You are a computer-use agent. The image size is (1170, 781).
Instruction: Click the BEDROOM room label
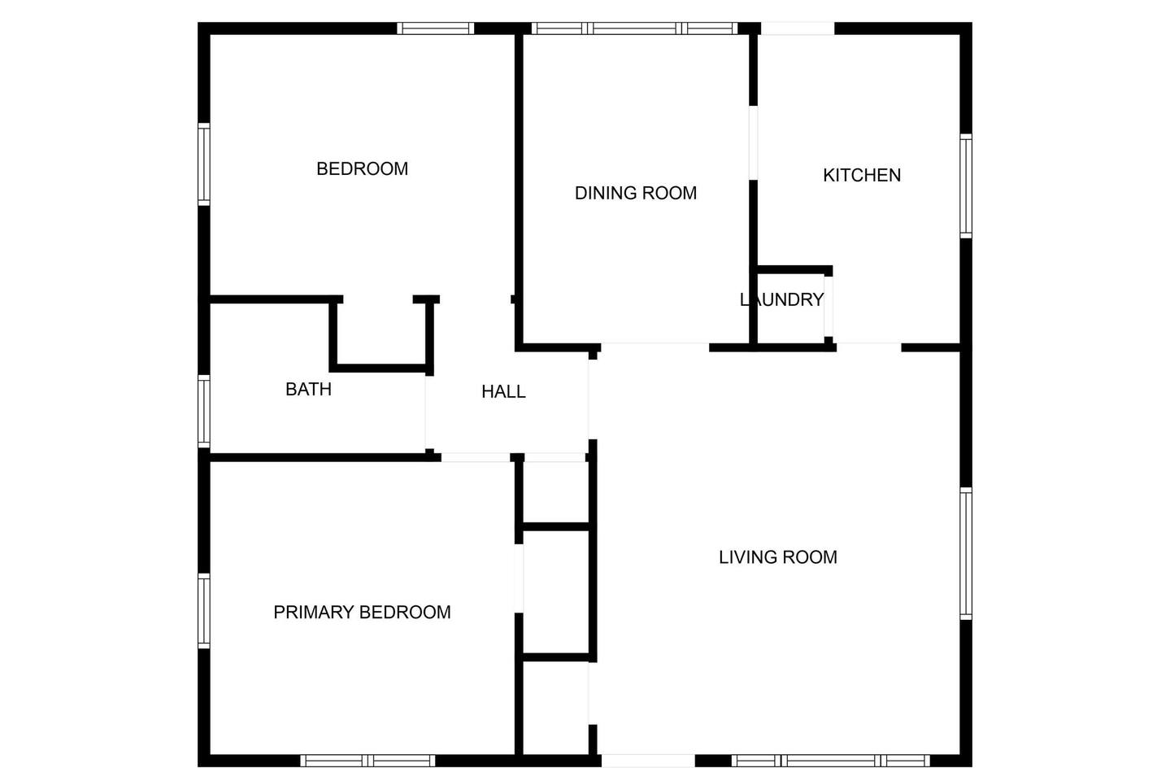point(362,169)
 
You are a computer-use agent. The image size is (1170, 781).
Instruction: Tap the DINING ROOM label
point(636,194)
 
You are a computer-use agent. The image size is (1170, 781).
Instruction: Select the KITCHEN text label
point(862,175)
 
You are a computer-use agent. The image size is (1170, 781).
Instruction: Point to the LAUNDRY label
point(781,299)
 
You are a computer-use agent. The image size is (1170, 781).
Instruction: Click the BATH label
point(308,390)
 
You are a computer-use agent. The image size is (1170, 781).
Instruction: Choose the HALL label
point(503,391)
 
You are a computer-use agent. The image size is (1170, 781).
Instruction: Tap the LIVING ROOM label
point(778,557)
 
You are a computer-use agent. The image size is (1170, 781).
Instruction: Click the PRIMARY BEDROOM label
point(362,612)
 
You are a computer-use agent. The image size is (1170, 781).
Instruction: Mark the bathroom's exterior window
point(204,412)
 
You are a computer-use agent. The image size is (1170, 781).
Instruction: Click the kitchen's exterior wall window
point(966,186)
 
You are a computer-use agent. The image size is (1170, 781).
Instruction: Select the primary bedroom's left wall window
point(204,611)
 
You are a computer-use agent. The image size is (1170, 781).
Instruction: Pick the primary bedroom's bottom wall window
point(368,761)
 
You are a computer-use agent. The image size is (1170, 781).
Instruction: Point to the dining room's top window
point(635,28)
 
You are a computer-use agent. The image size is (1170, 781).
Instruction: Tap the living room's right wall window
point(966,553)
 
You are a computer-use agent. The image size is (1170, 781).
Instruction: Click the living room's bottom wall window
point(831,761)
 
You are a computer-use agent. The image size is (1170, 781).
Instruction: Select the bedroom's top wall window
point(436,28)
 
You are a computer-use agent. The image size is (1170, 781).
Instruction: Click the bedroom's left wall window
point(204,164)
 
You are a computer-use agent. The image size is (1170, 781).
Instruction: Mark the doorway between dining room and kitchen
point(753,142)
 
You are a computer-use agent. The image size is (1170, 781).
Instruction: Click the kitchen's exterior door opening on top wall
point(798,28)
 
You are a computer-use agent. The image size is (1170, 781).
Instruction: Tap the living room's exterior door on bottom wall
point(648,761)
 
